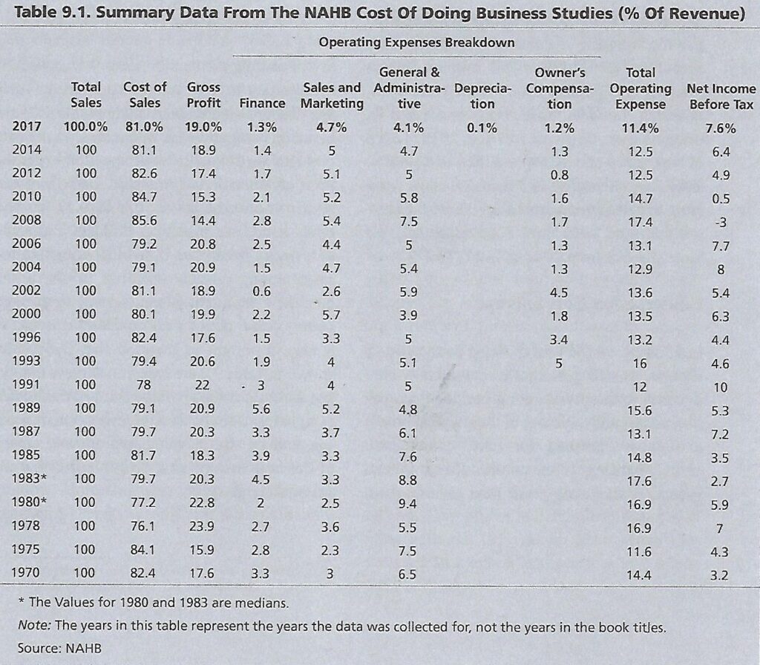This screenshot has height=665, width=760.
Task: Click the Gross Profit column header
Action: tap(203, 95)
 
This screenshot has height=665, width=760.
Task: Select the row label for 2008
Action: tap(27, 220)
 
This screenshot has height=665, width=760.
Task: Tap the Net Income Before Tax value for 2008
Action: tap(721, 223)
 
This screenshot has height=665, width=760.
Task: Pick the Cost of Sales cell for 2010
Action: tap(144, 197)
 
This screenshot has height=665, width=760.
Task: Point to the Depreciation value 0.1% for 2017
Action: tap(482, 128)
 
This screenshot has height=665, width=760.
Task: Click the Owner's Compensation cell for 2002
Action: tap(559, 292)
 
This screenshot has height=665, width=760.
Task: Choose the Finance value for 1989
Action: tap(261, 409)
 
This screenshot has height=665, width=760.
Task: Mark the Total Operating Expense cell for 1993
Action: tap(640, 364)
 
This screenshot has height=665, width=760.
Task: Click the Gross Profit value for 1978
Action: tap(202, 526)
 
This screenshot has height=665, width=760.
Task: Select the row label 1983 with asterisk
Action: tap(30, 479)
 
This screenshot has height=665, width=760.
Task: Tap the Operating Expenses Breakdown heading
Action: tap(417, 42)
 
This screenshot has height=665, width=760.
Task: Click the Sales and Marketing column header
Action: tap(332, 96)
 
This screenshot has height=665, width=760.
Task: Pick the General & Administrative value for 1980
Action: tap(407, 504)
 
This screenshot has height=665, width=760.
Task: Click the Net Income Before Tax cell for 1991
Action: tap(720, 387)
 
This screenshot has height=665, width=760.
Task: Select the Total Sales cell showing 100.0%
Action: tap(85, 127)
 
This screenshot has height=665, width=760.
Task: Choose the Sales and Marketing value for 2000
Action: tap(332, 315)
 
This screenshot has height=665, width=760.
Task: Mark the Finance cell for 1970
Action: tap(261, 574)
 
